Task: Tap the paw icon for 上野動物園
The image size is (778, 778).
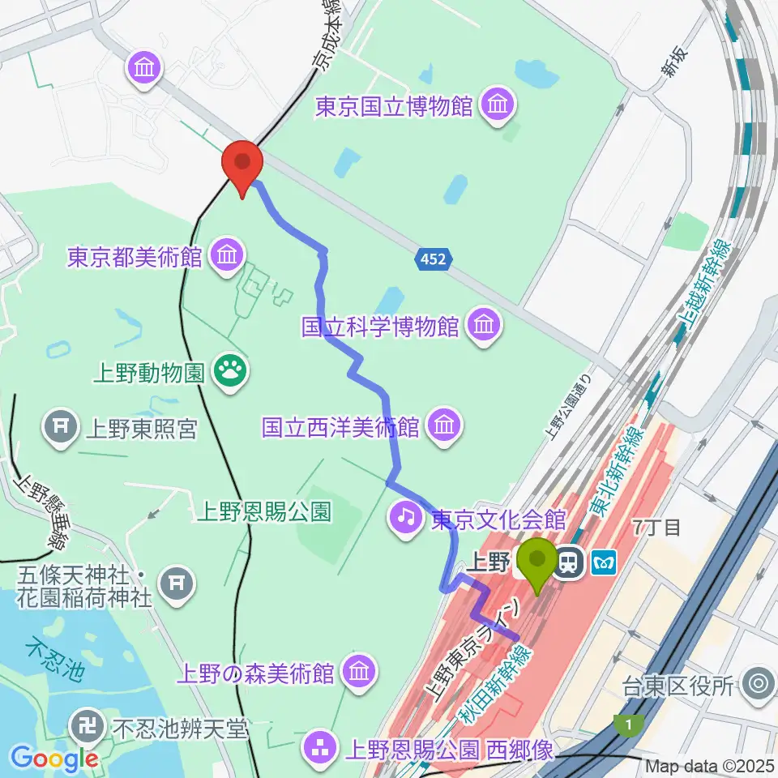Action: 231,372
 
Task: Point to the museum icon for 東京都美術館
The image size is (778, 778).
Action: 226,256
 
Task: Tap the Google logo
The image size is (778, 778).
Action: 54,759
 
